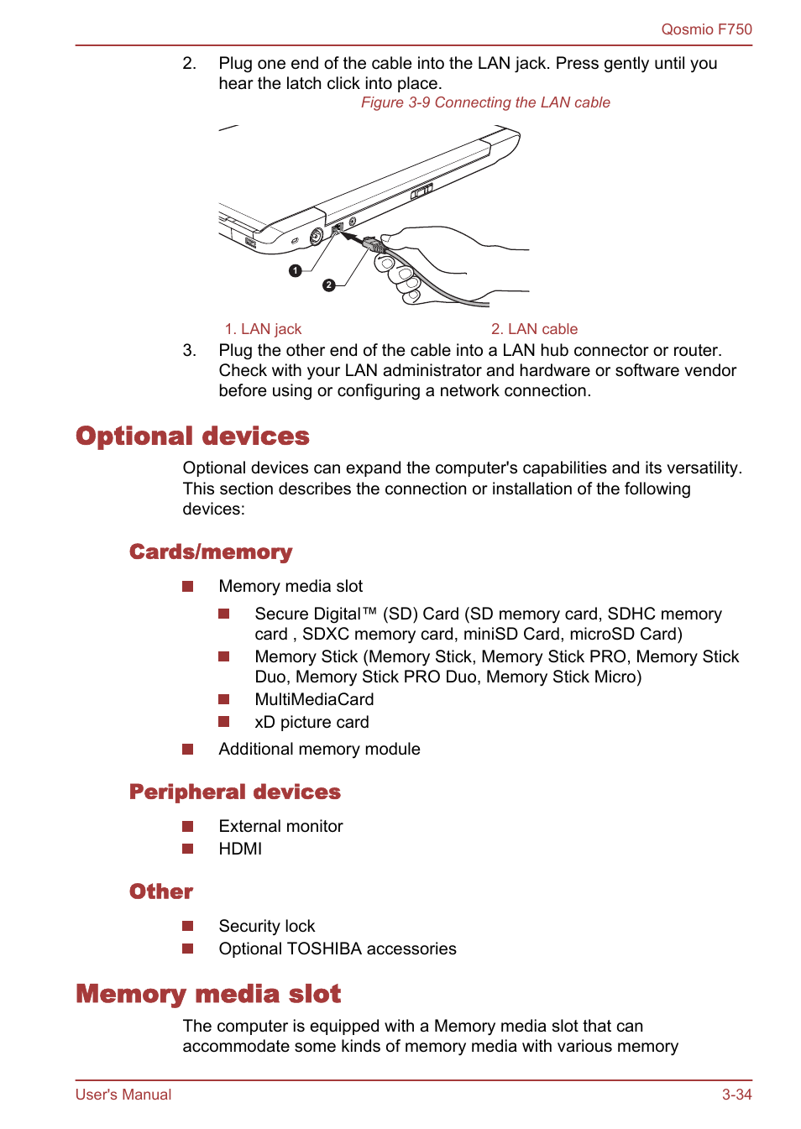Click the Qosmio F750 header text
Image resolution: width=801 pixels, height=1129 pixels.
coord(706,29)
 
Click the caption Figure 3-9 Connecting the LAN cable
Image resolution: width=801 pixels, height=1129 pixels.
coord(485,102)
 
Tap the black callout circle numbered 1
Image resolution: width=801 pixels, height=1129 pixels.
coord(296,270)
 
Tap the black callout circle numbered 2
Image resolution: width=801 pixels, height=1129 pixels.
coord(329,285)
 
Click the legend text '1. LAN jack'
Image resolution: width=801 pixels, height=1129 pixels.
coord(263,329)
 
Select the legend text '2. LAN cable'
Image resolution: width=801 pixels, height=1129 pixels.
coord(534,329)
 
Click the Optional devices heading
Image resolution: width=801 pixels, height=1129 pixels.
coord(192,436)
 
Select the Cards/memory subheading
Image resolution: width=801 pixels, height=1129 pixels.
coord(211,552)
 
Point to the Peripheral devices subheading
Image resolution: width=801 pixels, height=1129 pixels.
coord(234,792)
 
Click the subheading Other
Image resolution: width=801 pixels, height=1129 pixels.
coord(161,892)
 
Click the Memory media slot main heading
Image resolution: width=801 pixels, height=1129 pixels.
coord(208,994)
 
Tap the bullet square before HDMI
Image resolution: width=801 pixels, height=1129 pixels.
coord(188,849)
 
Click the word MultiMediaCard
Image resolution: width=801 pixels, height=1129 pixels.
coord(314,699)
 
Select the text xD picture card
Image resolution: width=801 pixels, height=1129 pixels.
coord(311,722)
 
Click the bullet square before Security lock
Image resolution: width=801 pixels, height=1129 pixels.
coord(188,926)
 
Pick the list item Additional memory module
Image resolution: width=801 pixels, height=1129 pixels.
coord(319,749)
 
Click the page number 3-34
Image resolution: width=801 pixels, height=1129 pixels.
coord(736,1095)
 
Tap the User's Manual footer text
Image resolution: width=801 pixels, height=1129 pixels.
coord(123,1095)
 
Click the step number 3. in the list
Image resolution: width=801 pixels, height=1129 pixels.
coord(189,350)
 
